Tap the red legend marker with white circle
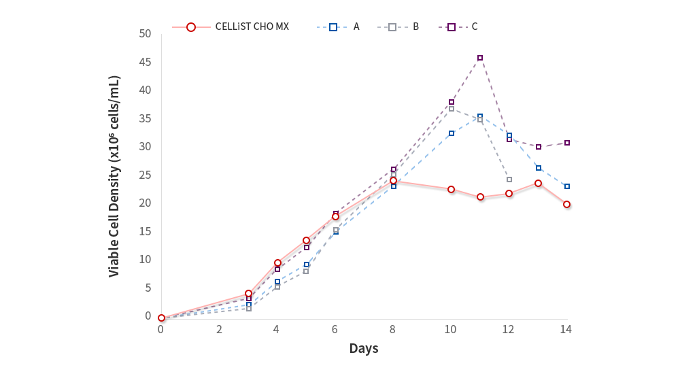point(191,27)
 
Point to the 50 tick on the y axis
point(145,33)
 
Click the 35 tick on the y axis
point(145,118)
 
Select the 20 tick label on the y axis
point(145,203)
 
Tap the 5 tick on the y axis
point(148,288)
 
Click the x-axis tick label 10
point(450,329)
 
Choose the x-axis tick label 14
point(565,329)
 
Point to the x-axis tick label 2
point(219,329)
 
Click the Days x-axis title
point(364,349)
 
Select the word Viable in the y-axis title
point(114,258)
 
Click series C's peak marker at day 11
point(480,58)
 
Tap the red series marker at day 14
point(566,204)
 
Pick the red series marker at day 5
point(306,241)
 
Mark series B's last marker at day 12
point(509,180)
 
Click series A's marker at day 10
point(452,133)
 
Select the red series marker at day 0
point(161,318)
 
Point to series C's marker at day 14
point(566,143)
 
